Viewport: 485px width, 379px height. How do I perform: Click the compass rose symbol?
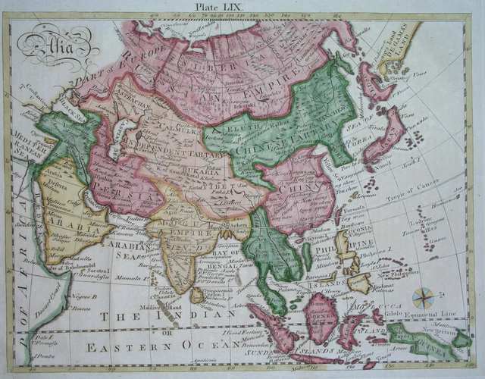(x=424, y=296)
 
